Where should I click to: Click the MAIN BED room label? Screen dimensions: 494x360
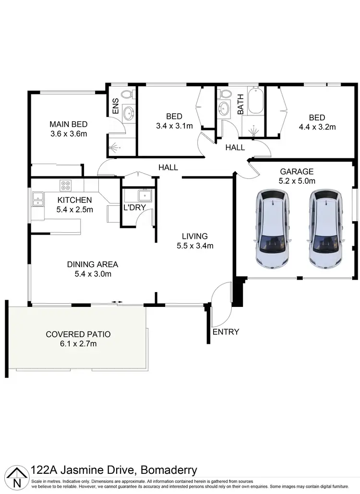(68, 124)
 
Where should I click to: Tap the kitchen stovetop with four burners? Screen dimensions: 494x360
(66, 185)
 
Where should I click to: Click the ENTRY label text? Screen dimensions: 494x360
(226, 331)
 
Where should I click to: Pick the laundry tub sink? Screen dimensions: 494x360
(144, 195)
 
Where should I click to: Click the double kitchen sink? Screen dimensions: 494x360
(37, 199)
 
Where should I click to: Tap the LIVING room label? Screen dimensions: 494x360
(194, 236)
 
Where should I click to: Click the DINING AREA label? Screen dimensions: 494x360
(93, 264)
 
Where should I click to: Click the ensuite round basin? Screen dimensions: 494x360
(129, 113)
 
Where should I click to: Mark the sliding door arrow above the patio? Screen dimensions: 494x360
(117, 302)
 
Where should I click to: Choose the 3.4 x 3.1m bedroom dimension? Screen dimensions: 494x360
(174, 126)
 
